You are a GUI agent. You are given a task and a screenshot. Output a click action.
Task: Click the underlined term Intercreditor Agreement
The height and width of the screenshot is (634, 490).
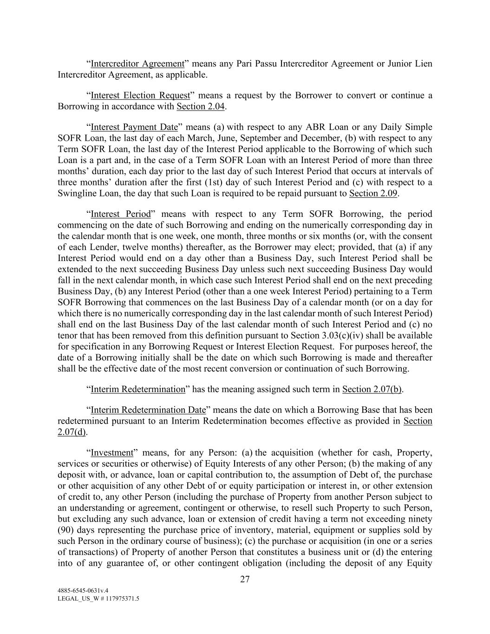click(137, 64)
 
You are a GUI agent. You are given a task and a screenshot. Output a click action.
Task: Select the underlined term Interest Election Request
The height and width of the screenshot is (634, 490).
click(140, 96)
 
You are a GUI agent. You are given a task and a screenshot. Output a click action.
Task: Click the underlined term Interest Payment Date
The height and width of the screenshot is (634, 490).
click(134, 127)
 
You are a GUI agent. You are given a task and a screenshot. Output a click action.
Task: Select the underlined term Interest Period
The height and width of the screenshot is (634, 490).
click(121, 214)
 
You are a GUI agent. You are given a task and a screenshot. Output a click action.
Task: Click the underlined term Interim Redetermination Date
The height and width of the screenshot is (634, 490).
click(148, 410)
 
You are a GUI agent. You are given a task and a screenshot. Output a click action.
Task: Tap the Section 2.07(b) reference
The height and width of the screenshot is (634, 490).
click(372, 390)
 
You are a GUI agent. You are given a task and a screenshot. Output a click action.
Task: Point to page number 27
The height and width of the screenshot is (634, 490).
click(245, 579)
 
